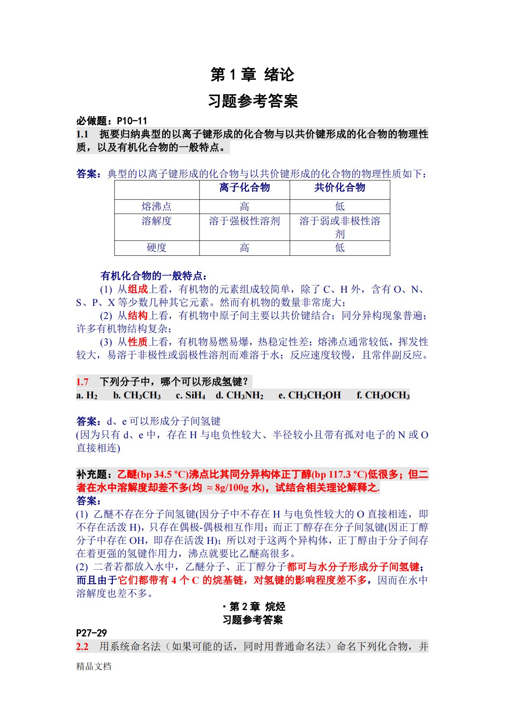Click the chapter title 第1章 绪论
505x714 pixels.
(x=252, y=75)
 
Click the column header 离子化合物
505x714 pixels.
(x=244, y=188)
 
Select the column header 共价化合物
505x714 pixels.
(x=339, y=188)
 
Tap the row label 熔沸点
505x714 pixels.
(x=157, y=207)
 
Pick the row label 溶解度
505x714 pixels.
(x=157, y=221)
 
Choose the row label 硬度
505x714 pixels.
(x=157, y=248)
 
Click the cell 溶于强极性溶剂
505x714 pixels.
(x=244, y=221)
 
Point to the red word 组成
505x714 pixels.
(x=138, y=289)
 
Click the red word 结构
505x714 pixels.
(x=138, y=316)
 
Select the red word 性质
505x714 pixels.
(x=138, y=342)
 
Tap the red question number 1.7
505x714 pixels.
(x=82, y=382)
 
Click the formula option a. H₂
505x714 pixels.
(x=87, y=395)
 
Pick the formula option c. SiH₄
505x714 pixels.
(x=191, y=395)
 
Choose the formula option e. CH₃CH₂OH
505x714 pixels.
(x=310, y=395)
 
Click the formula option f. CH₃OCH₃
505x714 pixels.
(x=383, y=395)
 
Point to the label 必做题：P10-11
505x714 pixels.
(x=112, y=121)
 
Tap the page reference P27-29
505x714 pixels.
(x=91, y=633)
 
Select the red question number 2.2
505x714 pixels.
(x=82, y=647)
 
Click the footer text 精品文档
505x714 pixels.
(x=94, y=666)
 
